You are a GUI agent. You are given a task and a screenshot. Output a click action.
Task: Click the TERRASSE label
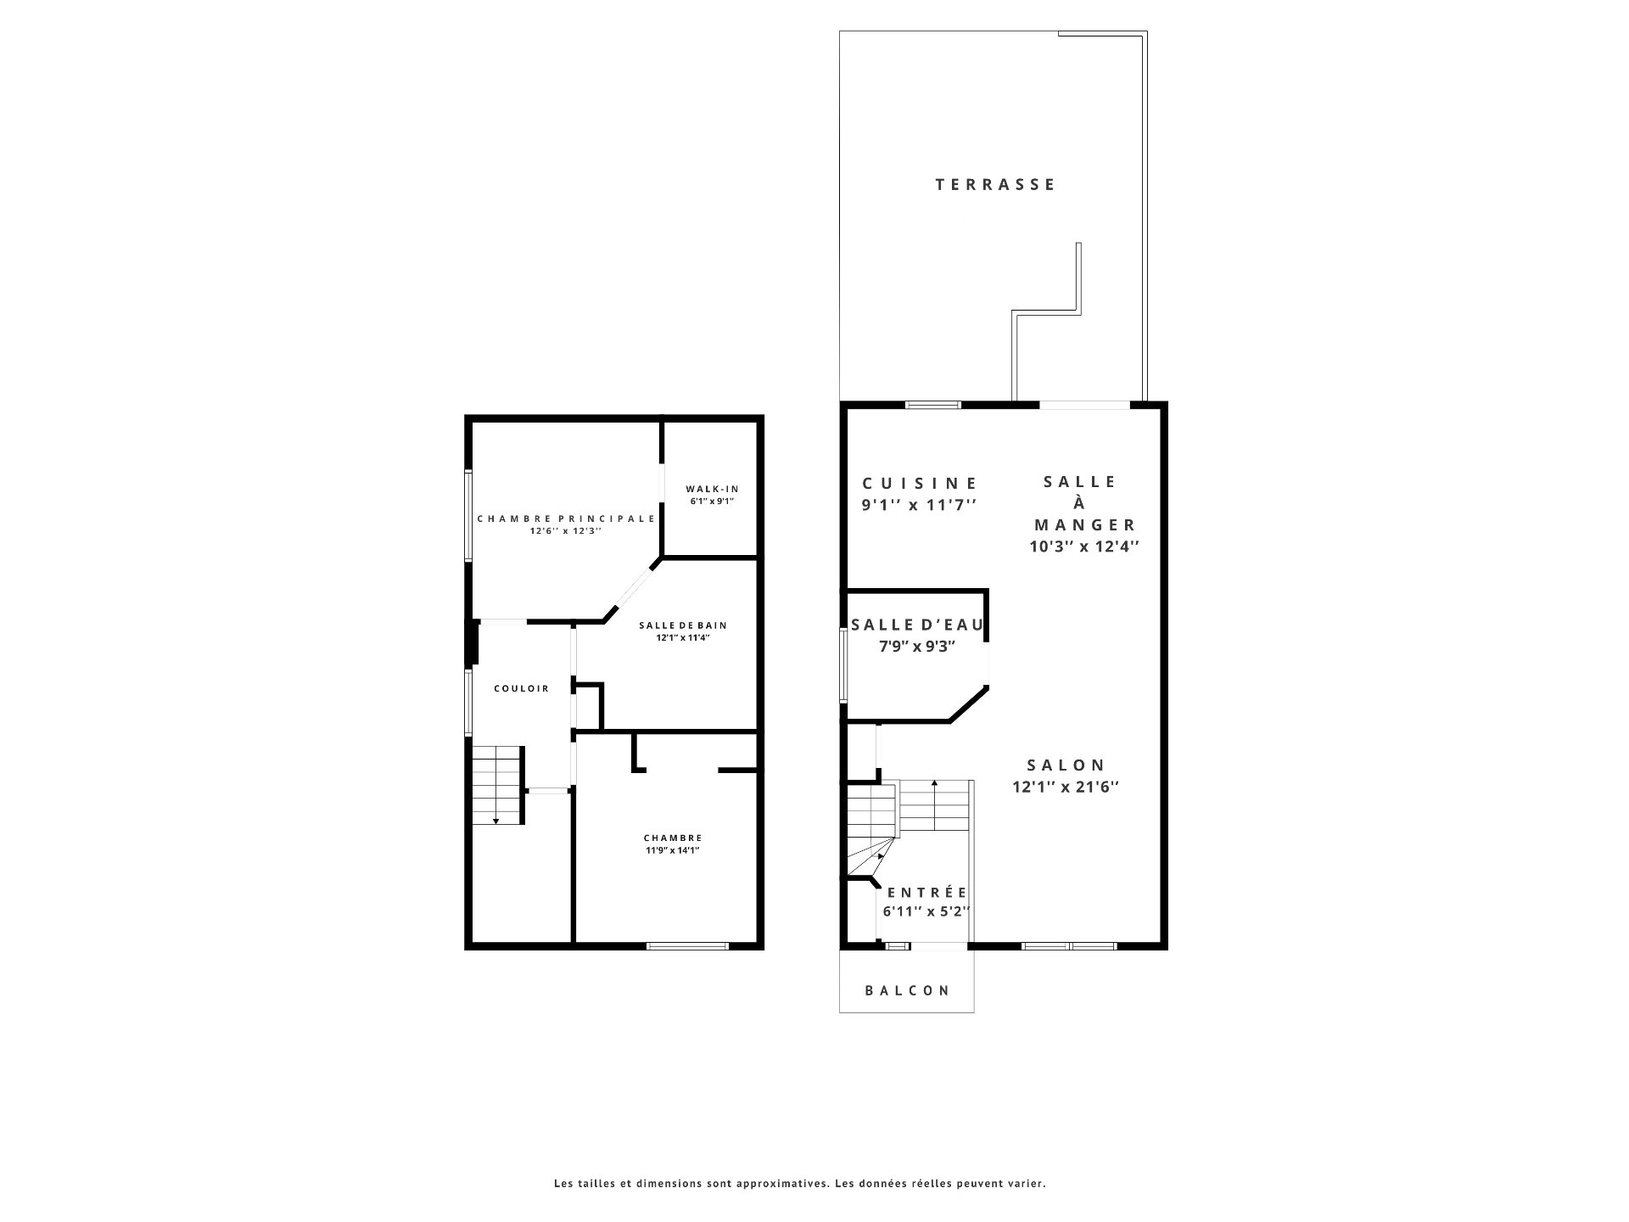click(995, 184)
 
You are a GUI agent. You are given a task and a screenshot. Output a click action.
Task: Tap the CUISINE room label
click(921, 483)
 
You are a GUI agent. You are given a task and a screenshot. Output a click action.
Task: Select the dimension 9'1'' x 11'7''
click(920, 505)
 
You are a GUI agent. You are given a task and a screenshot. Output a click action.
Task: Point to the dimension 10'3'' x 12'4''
click(1083, 547)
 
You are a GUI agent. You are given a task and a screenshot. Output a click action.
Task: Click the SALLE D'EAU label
click(917, 625)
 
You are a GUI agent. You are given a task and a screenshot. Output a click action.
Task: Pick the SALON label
click(1066, 765)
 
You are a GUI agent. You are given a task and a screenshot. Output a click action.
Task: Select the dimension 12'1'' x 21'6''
click(1066, 787)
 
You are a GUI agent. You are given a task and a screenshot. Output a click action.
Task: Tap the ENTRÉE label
click(927, 893)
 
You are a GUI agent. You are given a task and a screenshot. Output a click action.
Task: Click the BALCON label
click(908, 990)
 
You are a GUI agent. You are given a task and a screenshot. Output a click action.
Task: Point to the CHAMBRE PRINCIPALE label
click(566, 519)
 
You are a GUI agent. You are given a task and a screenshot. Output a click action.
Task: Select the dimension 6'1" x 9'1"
click(711, 502)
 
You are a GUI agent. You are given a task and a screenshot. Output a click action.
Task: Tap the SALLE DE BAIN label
click(683, 625)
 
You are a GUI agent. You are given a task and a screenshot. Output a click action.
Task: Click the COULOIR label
click(522, 688)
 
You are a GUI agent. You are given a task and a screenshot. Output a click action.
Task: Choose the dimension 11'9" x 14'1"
click(672, 850)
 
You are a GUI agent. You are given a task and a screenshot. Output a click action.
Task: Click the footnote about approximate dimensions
click(800, 1183)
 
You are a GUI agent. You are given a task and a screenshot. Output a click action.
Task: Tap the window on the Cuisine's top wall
click(933, 405)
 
